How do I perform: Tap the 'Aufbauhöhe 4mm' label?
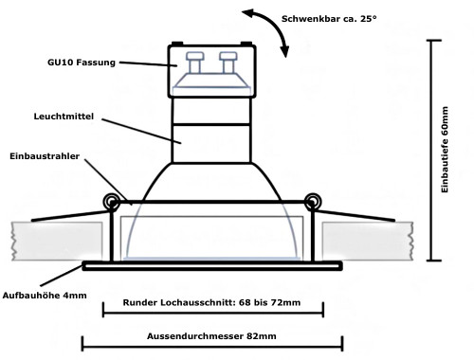pyautogui.click(x=46, y=296)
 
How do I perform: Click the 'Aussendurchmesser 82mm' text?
pyautogui.click(x=212, y=335)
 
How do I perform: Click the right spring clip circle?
pyautogui.click(x=311, y=200)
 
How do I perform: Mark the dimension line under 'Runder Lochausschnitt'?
pyautogui.click(x=212, y=315)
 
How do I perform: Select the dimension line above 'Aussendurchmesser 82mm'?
pyautogui.click(x=212, y=346)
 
